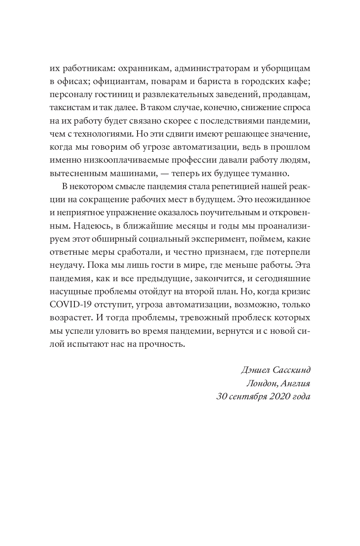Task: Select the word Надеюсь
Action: tap(87, 226)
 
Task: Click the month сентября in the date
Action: tap(246, 397)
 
